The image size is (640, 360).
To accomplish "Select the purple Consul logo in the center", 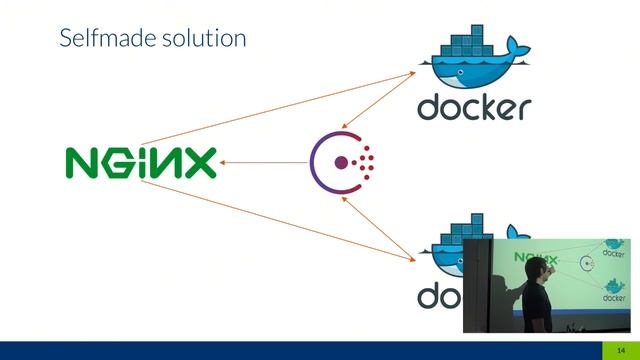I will coord(342,161).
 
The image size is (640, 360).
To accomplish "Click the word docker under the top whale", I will coord(473,107).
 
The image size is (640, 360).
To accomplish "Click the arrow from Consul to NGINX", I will coord(264,162).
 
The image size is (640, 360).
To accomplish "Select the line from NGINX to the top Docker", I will coord(280,107).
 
